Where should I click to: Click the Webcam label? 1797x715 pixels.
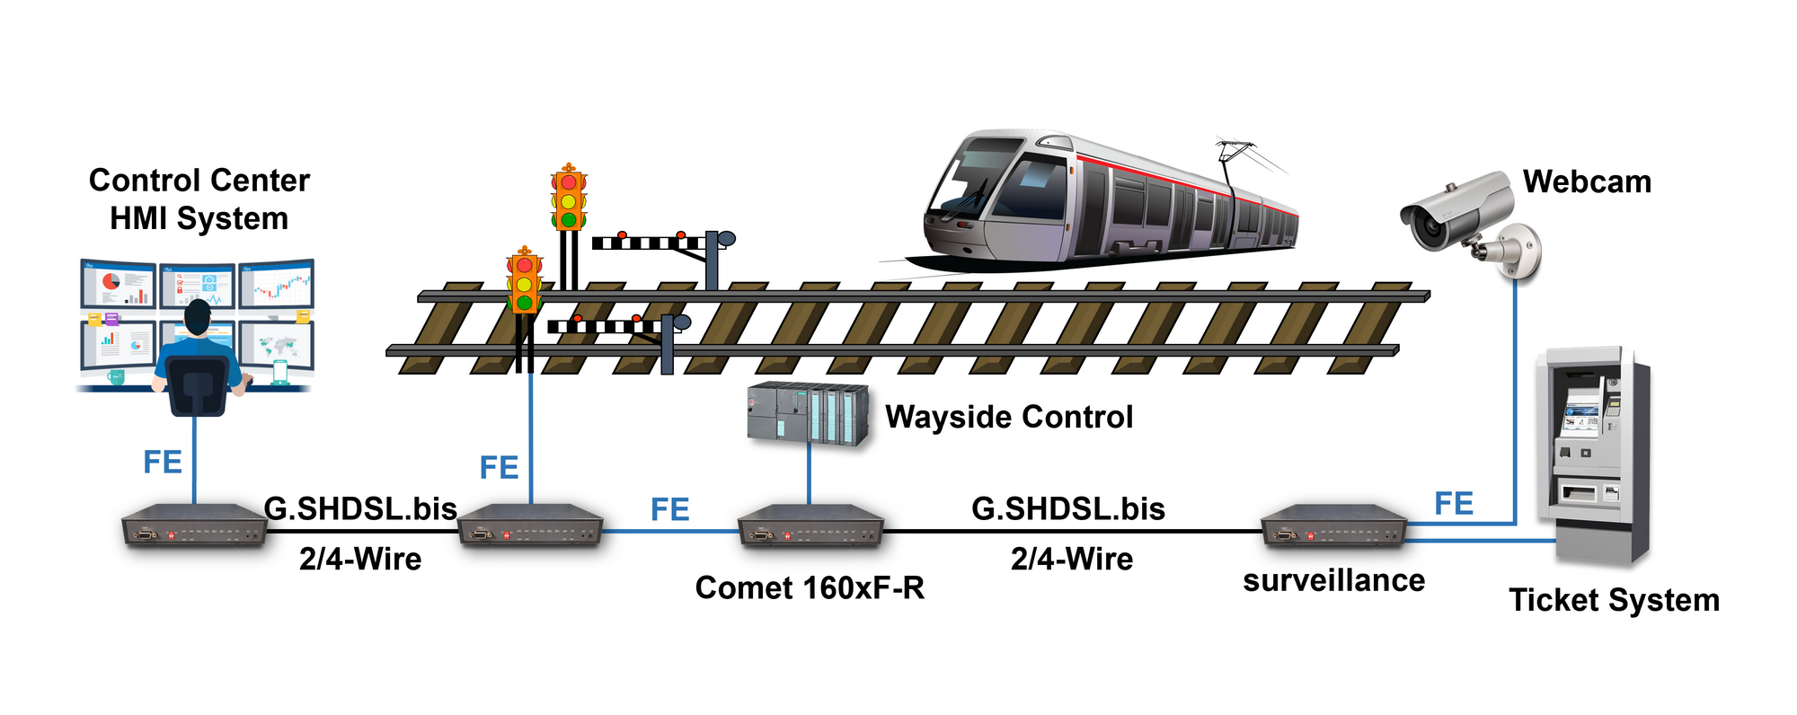coord(1587,181)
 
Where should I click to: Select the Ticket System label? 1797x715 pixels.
coord(1614,600)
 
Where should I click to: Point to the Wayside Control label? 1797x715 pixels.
coord(1009,417)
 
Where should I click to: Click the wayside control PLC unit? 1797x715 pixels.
coord(808,414)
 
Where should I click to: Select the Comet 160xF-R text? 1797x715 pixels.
coord(810,587)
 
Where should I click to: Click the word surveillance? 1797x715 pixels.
coord(1333,581)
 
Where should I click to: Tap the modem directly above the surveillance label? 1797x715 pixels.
coord(1333,526)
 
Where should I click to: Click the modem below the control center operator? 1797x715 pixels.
coord(194,526)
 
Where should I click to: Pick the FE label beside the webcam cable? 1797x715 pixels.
coord(1454,504)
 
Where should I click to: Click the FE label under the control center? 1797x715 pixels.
coord(163,462)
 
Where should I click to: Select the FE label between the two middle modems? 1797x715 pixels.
coord(669,510)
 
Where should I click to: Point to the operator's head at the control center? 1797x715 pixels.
coord(198,317)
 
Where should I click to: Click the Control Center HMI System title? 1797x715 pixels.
coord(199,199)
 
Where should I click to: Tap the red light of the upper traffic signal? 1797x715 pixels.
coord(569,182)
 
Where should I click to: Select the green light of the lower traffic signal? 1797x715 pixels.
coord(524,303)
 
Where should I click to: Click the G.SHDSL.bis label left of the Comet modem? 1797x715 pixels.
coord(360,509)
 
